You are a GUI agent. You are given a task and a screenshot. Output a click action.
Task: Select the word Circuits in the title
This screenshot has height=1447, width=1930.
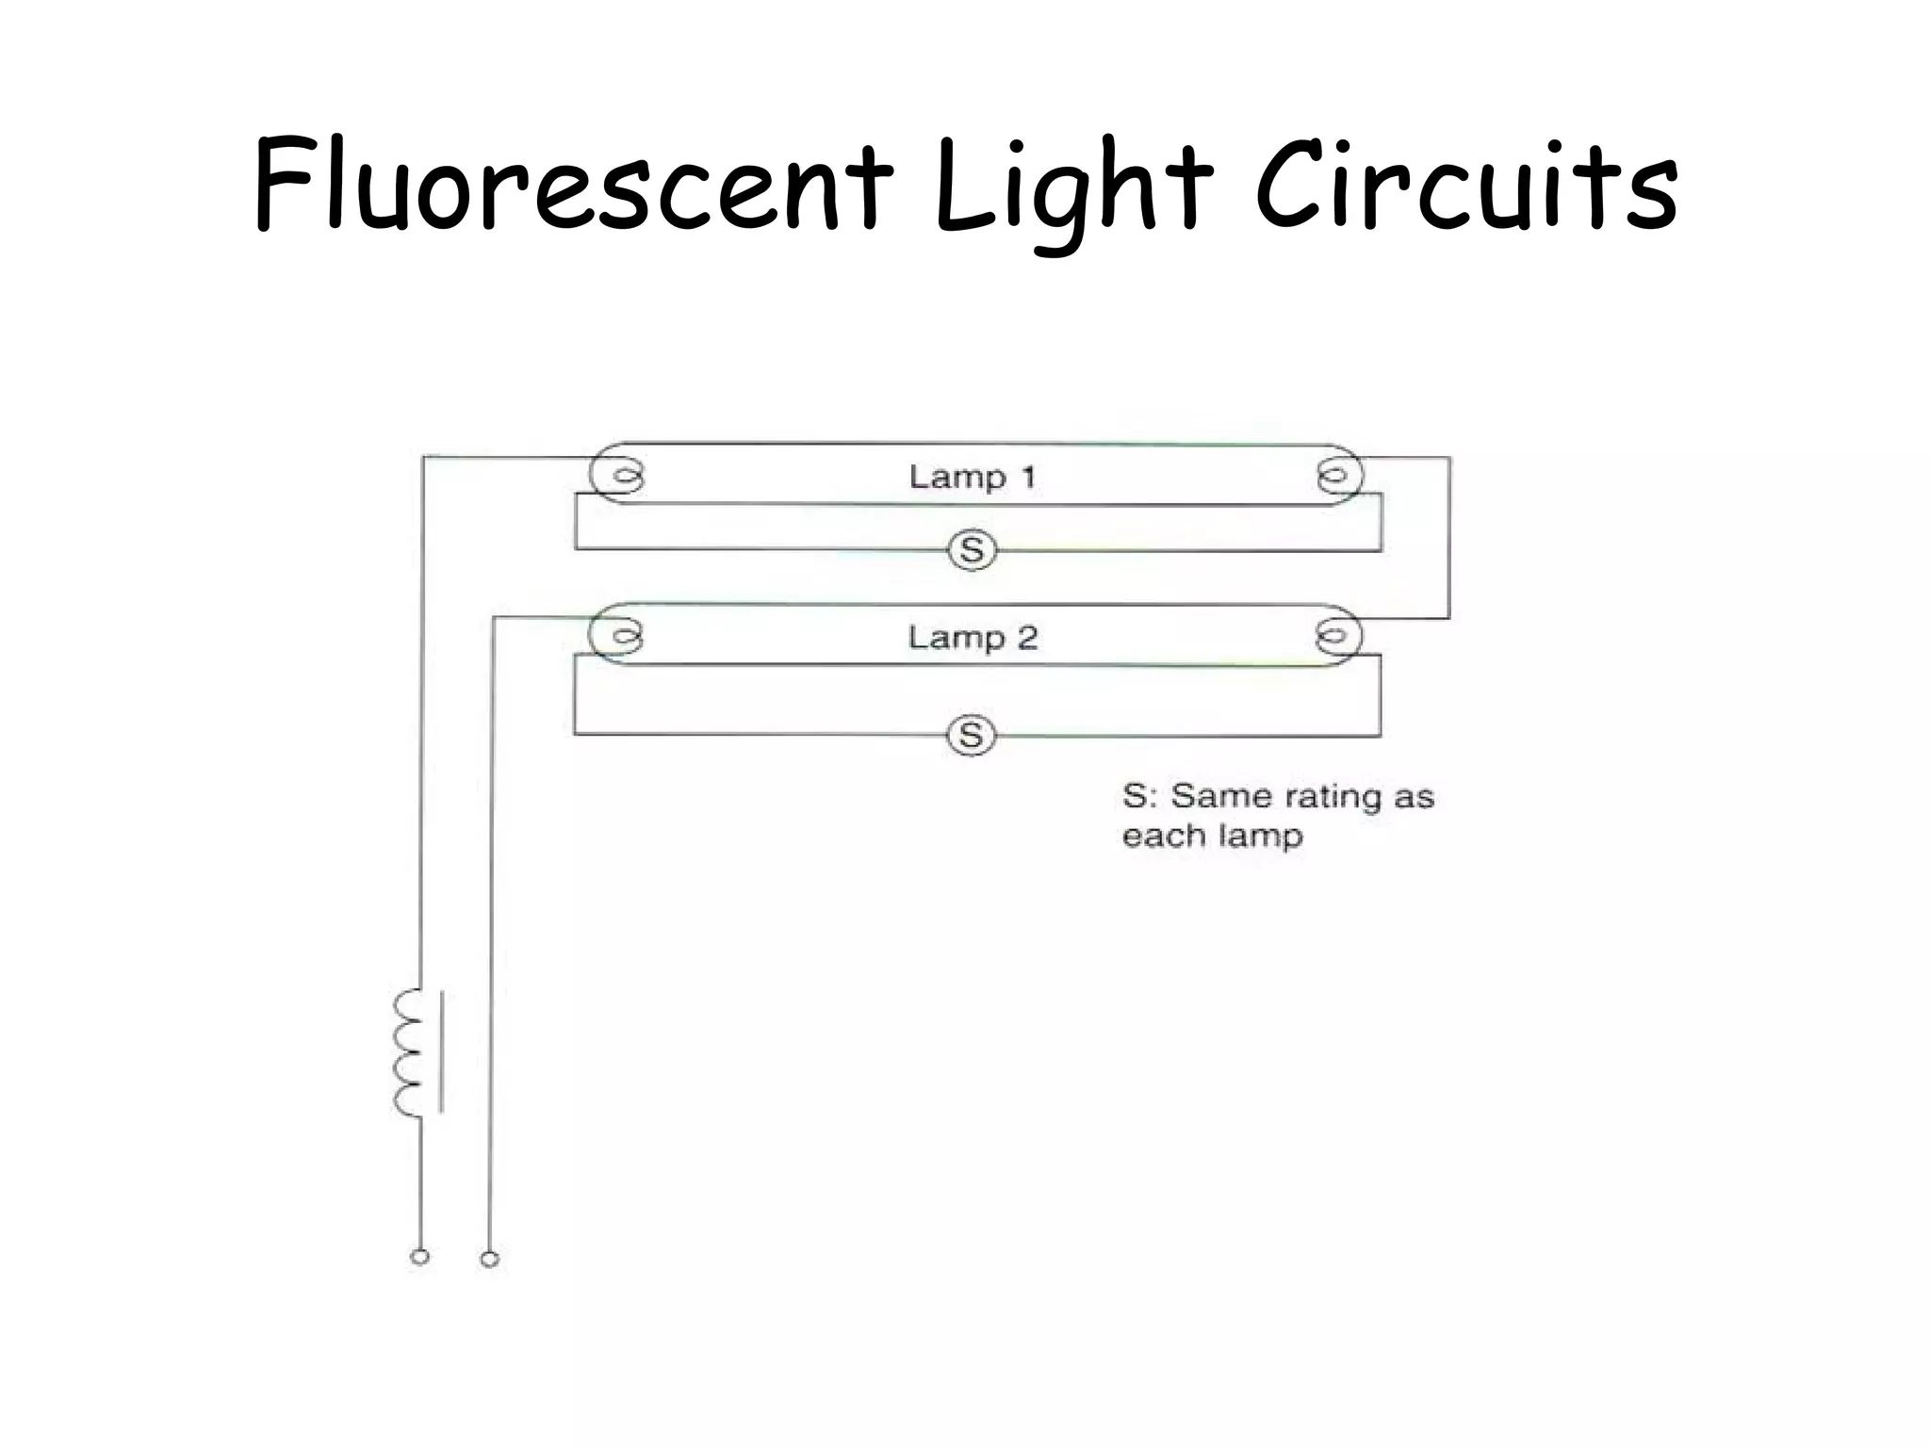(x=1466, y=184)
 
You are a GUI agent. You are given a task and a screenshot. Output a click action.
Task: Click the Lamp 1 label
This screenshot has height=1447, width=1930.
(x=972, y=477)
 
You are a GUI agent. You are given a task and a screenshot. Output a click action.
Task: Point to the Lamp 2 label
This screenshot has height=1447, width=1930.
(x=972, y=638)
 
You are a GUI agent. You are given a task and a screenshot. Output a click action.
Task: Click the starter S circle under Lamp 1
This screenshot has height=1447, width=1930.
(x=972, y=550)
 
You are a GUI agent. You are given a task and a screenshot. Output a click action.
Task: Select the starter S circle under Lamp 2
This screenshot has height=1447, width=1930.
(x=971, y=735)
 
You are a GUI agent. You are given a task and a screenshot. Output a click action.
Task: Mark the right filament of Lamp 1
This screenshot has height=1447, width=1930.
(x=1333, y=477)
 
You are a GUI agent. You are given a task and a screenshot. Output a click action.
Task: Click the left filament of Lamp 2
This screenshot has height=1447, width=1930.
(x=623, y=636)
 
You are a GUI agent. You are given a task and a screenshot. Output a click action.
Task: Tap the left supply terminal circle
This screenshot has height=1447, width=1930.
(x=420, y=1257)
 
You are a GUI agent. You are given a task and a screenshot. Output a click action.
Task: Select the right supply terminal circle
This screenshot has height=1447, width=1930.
(x=489, y=1259)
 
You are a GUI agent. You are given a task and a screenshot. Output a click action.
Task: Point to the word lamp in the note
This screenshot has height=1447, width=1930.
(x=1257, y=837)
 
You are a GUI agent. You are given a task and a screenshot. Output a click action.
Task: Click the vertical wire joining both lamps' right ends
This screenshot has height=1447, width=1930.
(x=1449, y=538)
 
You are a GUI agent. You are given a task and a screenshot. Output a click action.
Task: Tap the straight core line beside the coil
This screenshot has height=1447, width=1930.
(x=441, y=1051)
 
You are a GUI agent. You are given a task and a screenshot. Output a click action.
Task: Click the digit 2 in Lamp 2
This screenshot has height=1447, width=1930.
(x=1026, y=638)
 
